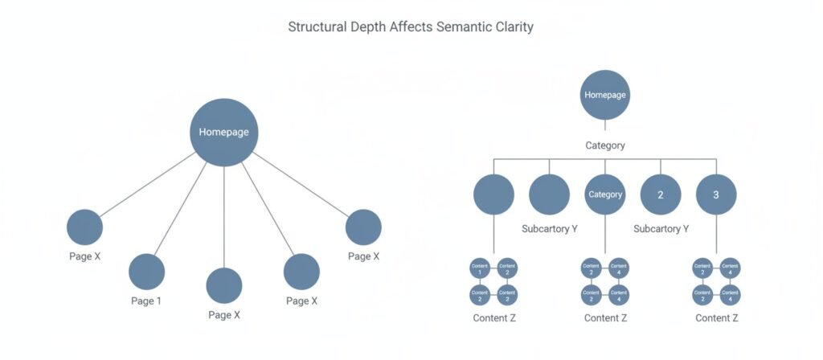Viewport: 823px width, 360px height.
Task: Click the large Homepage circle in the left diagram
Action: pyautogui.click(x=224, y=133)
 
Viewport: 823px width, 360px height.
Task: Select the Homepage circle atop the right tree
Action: pyautogui.click(x=604, y=95)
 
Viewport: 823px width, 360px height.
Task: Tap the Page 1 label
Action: pyautogui.click(x=146, y=301)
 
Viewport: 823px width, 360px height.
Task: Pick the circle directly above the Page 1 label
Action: pyautogui.click(x=146, y=272)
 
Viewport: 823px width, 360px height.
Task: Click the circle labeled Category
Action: pyautogui.click(x=605, y=194)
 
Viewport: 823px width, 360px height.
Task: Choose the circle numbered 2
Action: pyautogui.click(x=661, y=194)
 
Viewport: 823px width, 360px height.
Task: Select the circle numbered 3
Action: pyautogui.click(x=716, y=194)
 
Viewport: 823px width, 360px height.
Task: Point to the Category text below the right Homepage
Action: pyautogui.click(x=604, y=145)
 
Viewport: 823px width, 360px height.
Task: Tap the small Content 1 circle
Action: pyautogui.click(x=481, y=268)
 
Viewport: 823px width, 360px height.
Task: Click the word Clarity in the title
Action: pyautogui.click(x=514, y=27)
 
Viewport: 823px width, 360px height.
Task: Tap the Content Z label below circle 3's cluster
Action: pyautogui.click(x=716, y=318)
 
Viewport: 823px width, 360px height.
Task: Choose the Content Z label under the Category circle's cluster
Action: pyautogui.click(x=605, y=318)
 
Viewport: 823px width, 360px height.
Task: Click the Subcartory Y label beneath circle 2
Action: pyautogui.click(x=661, y=229)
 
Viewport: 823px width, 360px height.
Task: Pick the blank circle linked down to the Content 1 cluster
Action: pyautogui.click(x=493, y=194)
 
